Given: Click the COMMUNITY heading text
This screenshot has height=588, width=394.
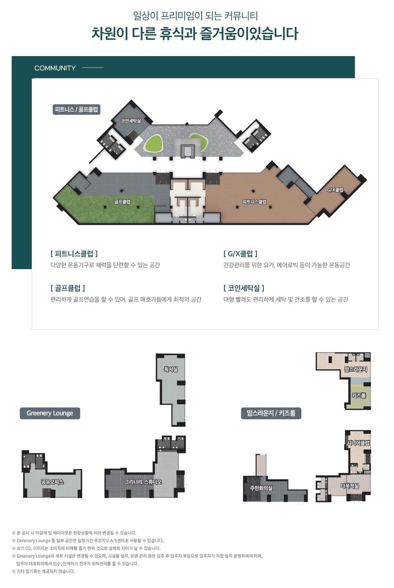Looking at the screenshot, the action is click(x=55, y=68).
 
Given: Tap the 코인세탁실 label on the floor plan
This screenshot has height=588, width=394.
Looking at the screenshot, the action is click(x=131, y=121).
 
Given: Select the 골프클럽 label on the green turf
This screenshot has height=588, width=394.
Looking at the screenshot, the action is click(x=122, y=202).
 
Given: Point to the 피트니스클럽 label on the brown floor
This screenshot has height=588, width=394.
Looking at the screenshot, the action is click(x=254, y=202).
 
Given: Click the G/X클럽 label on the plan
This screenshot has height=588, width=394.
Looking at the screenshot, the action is click(x=335, y=190).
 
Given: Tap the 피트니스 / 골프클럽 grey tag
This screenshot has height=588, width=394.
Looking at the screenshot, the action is click(x=76, y=110).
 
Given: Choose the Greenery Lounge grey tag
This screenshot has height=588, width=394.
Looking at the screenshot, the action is click(x=50, y=413).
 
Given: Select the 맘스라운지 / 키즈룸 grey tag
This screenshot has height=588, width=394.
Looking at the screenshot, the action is click(x=271, y=413).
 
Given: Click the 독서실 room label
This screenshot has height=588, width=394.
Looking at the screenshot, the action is click(x=171, y=369).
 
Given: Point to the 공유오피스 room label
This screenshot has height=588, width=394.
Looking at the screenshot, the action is click(x=52, y=482).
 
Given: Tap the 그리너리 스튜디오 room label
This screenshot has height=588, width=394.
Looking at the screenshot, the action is click(x=143, y=482).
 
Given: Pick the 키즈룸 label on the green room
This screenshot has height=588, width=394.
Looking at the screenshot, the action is click(x=359, y=396).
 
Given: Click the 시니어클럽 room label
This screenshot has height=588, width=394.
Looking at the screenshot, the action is click(x=358, y=443).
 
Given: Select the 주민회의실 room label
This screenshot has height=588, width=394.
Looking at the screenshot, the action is click(x=261, y=488).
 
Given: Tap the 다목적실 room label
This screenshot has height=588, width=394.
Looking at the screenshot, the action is click(x=350, y=486).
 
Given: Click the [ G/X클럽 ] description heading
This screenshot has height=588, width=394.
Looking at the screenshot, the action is click(x=240, y=254).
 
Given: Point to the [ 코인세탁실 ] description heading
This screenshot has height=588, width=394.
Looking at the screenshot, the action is click(x=244, y=288).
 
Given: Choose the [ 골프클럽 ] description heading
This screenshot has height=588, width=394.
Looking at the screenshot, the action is click(x=68, y=288).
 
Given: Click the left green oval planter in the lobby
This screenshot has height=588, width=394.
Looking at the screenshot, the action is click(x=153, y=144).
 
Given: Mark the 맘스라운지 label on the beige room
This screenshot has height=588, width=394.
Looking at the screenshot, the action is click(x=356, y=369).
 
